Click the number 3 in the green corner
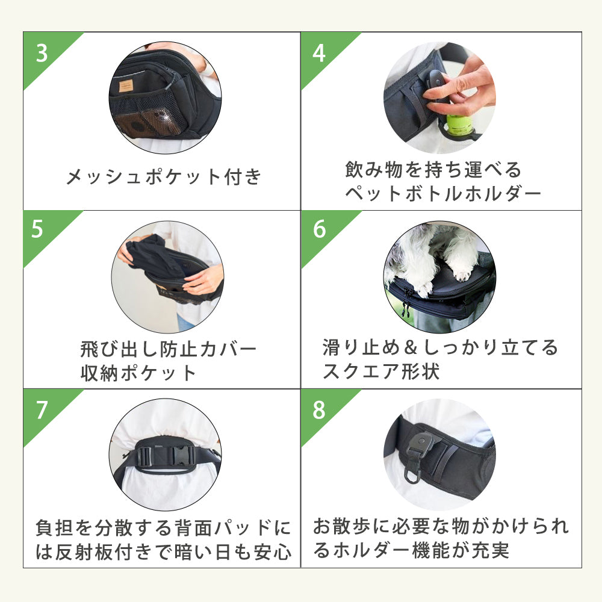coord(42,53)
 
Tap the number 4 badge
coord(319,53)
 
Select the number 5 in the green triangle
coord(37,231)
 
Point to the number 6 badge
coord(319,230)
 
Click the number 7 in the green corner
coord(42,410)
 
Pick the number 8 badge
coord(319,410)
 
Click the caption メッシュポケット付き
coord(164,177)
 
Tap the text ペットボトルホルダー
coord(443,194)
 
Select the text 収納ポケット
coord(139,373)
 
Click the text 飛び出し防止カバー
coord(169,349)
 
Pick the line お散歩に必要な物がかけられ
coord(441,527)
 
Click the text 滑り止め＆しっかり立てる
coord(441,348)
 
